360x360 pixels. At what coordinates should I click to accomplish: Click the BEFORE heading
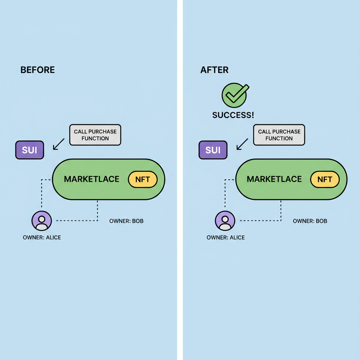[38, 70]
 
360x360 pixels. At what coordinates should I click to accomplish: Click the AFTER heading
[214, 70]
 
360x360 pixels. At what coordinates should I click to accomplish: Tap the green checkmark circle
[235, 95]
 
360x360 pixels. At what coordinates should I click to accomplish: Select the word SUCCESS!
[233, 115]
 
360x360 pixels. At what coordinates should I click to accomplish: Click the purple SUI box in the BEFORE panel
[30, 150]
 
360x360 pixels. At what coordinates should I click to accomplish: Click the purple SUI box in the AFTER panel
[213, 150]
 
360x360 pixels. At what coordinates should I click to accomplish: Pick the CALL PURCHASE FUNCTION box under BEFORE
[95, 135]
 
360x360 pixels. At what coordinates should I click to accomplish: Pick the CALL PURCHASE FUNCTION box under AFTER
[279, 135]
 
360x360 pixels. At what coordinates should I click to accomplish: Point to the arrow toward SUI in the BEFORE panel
[59, 144]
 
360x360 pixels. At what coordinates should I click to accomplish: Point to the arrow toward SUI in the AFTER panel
[242, 144]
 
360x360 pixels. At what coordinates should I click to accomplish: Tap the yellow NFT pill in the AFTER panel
[325, 179]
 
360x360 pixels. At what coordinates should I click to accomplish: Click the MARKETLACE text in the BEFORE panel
[92, 179]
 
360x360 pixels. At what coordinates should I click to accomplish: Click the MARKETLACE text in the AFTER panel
[274, 179]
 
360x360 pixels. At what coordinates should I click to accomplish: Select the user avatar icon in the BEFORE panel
[41, 221]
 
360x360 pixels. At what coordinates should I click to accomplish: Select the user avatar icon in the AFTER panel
[225, 221]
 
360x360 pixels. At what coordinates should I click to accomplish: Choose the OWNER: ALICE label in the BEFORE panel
[42, 238]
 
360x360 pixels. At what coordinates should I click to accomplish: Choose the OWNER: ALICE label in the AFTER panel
[226, 238]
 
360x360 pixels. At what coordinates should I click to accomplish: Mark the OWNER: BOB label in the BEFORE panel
[126, 221]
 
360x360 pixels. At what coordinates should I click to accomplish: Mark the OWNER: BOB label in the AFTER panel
[310, 221]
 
